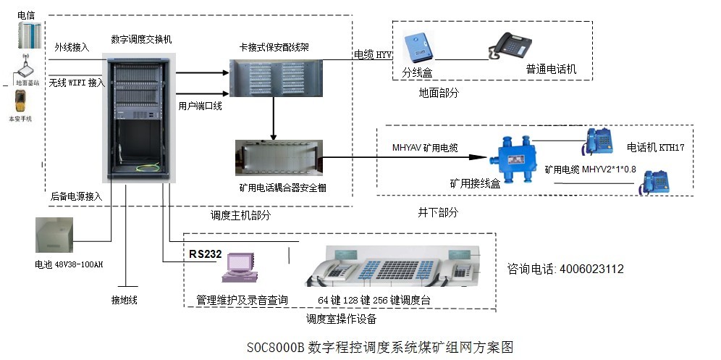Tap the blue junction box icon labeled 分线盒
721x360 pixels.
pyautogui.click(x=419, y=48)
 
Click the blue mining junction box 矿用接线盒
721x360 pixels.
pyautogui.click(x=505, y=154)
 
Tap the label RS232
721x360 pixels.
pyautogui.click(x=205, y=254)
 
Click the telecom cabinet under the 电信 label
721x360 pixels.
pyautogui.click(x=26, y=35)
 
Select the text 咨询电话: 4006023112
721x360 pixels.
pyautogui.click(x=565, y=269)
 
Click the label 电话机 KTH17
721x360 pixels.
pyautogui.click(x=655, y=147)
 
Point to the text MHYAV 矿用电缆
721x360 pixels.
pyautogui.click(x=424, y=146)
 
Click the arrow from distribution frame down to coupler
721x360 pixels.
pyautogui.click(x=274, y=118)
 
